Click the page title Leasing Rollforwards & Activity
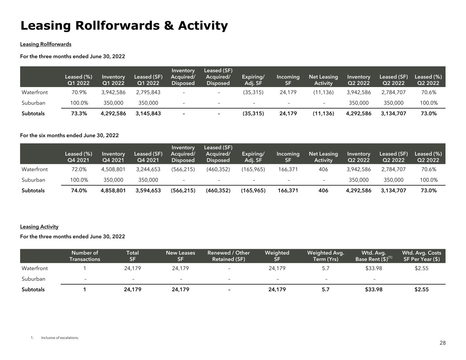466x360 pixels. pos(124,26)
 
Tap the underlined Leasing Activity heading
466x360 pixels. pos(39,227)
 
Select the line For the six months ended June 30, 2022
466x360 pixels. pos(69,135)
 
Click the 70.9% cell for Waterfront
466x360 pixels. pos(79,92)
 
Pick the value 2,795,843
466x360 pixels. pos(148,92)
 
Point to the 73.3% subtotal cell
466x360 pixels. pos(79,113)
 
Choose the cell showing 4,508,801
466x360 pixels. pos(113,169)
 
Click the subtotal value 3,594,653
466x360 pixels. pos(148,190)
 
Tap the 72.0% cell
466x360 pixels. pos(79,169)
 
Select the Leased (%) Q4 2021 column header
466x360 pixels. pos(79,157)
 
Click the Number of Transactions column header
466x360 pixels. pos(85,256)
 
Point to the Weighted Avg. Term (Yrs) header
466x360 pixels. pos(325,256)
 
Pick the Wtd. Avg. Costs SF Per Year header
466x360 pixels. pos(421,256)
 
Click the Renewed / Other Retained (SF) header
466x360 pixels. pos(228,256)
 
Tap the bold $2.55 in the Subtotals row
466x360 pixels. pos(421,289)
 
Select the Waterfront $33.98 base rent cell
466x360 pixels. pos(373,268)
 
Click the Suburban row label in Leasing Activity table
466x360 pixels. pos(33,279)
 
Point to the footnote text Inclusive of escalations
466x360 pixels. pos(60,338)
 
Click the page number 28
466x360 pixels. pos(442,343)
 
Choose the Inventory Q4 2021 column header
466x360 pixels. pos(113,157)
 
